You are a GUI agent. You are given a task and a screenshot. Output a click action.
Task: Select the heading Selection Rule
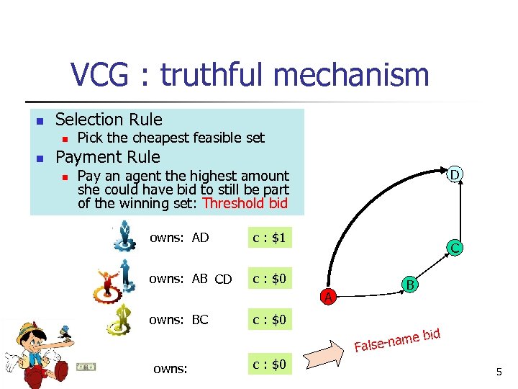pos(109,120)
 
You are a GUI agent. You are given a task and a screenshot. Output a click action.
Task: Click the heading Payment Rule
pos(108,157)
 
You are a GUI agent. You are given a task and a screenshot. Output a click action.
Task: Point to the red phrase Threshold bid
pos(245,203)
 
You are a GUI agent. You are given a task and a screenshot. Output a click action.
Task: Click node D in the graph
pos(455,174)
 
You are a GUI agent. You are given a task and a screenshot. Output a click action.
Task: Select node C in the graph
pos(455,249)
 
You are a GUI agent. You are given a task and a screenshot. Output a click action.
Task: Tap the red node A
pos(328,295)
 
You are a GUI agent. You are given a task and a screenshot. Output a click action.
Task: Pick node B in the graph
pos(410,285)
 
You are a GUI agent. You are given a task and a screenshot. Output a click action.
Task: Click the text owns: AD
pos(179,238)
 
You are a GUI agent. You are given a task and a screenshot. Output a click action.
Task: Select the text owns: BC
pos(178,319)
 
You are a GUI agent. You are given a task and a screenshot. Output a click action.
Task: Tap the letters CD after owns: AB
pos(223,280)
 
